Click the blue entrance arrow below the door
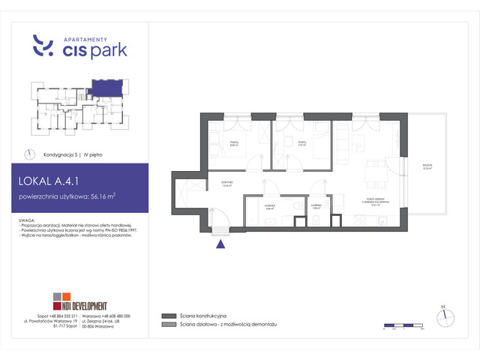coord(220,241)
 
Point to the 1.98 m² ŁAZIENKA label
coord(317,205)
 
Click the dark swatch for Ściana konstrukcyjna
coord(166,316)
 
